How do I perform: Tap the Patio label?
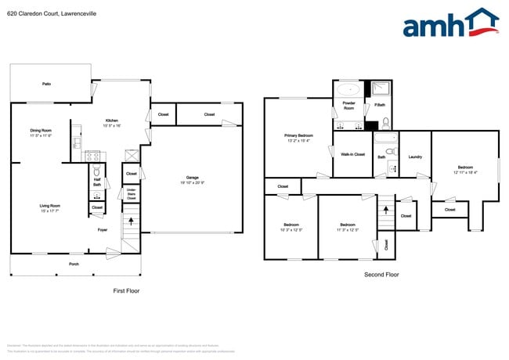coord(46,83)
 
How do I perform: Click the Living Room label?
coord(50,207)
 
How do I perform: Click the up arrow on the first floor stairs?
coord(130,222)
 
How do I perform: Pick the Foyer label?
coord(103,230)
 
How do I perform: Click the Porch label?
coord(74,264)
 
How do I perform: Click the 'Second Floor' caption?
coord(381,275)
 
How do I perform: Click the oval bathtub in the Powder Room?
coord(348,90)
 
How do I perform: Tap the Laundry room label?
coord(415,157)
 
